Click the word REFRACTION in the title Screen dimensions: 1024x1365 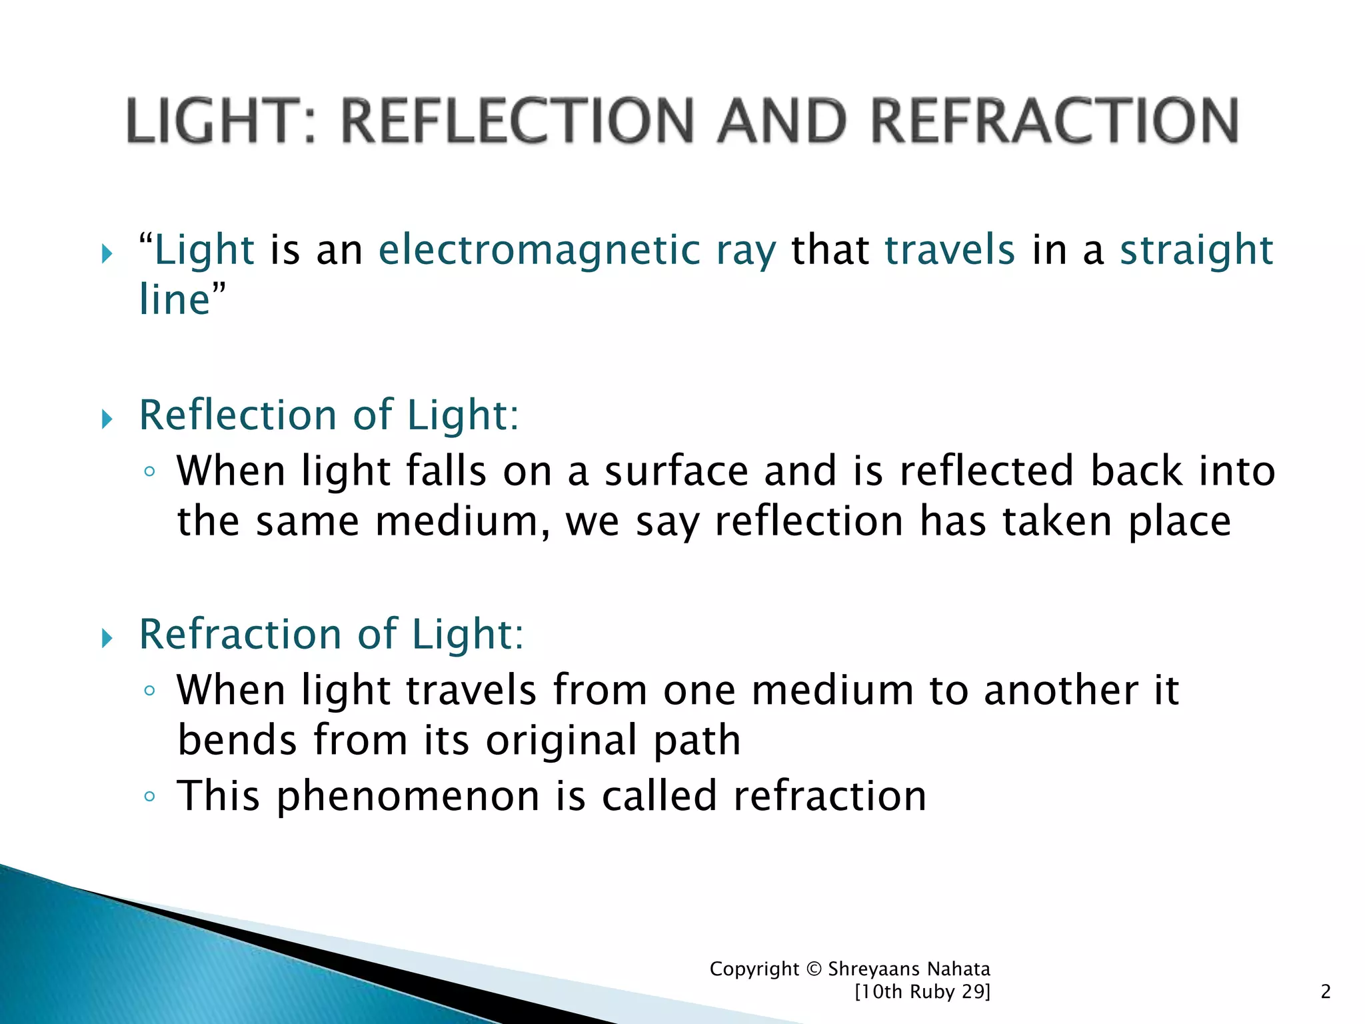(x=1055, y=121)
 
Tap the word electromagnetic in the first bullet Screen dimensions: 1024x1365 (x=539, y=250)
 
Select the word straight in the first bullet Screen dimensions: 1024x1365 (x=1196, y=250)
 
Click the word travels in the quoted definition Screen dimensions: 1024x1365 (x=950, y=250)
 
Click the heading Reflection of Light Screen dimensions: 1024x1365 (x=329, y=415)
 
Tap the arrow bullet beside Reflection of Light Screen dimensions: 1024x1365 (x=107, y=420)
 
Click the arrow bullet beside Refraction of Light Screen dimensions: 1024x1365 (x=107, y=639)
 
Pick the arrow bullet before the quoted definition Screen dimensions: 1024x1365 (x=107, y=254)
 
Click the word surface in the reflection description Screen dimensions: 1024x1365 (x=677, y=471)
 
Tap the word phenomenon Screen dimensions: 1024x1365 (x=408, y=797)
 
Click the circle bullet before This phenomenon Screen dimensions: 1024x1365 (x=149, y=797)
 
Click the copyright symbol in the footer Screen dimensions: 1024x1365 (x=814, y=969)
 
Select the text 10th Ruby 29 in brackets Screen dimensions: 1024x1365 (x=922, y=992)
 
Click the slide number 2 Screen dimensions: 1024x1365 (x=1326, y=992)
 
